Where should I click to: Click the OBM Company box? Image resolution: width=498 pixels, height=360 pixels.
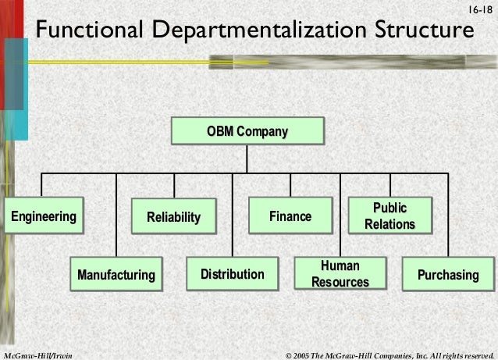pyautogui.click(x=247, y=131)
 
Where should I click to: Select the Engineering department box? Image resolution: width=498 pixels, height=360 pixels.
pyautogui.click(x=43, y=216)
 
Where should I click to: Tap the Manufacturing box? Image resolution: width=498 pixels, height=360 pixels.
pyautogui.click(x=116, y=275)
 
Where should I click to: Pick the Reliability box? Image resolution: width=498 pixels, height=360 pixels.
pyautogui.click(x=174, y=216)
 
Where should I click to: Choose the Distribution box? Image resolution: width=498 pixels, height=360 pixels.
pyautogui.click(x=233, y=275)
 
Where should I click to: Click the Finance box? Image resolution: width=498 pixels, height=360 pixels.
pyautogui.click(x=290, y=216)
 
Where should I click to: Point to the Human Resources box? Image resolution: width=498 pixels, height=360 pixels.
pyautogui.click(x=340, y=274)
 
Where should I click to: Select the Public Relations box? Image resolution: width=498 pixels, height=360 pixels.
pyautogui.click(x=390, y=216)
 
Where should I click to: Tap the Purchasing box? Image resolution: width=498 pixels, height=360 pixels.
pyautogui.click(x=448, y=275)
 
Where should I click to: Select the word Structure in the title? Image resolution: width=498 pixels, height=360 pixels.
pyautogui.click(x=422, y=31)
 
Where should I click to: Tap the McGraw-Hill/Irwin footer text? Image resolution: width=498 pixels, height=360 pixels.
pyautogui.click(x=37, y=355)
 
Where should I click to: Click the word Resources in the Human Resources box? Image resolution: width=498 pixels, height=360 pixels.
pyautogui.click(x=340, y=282)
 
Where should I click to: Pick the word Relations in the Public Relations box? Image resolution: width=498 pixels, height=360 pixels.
pyautogui.click(x=390, y=225)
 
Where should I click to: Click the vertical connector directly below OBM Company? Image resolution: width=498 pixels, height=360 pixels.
pyautogui.click(x=247, y=159)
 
